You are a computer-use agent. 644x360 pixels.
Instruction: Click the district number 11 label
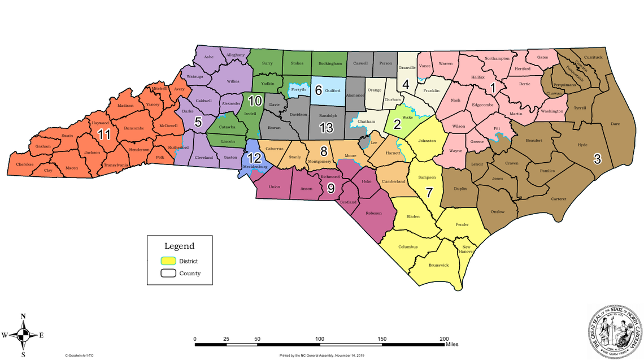[103, 135]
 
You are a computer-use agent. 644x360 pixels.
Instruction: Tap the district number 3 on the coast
[597, 159]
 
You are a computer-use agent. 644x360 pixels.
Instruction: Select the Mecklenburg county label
[254, 167]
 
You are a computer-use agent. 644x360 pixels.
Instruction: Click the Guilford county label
[333, 90]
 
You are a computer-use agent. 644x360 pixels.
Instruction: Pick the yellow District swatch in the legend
[167, 261]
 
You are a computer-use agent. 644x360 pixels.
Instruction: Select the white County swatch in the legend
[167, 274]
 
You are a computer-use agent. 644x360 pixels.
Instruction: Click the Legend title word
[179, 246]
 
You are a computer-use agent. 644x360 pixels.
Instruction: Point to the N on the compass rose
[23, 316]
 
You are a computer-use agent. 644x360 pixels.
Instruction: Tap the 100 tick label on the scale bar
[320, 339]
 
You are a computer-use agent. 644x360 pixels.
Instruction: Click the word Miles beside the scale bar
[451, 344]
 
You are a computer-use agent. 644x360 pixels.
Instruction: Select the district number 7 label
[429, 192]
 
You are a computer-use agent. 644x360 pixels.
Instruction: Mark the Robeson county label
[373, 213]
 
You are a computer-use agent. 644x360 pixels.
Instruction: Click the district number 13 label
[326, 128]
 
